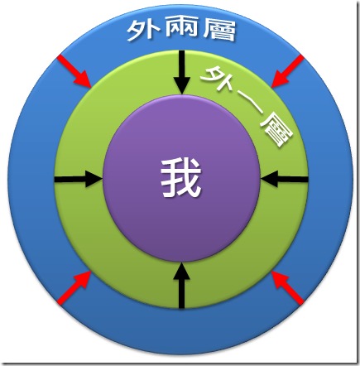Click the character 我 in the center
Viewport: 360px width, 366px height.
181,178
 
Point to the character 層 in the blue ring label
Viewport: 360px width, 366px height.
219,30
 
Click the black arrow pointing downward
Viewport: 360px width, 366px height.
181,73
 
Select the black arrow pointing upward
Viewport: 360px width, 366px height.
181,285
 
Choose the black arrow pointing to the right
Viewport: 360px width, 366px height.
79,180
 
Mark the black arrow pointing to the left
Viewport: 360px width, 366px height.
285,180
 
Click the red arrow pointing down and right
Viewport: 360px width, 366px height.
74,71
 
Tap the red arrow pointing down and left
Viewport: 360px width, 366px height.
288,71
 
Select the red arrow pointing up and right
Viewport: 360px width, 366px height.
74,288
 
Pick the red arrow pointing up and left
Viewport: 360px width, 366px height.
288,288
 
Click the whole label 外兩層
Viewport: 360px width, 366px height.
181,30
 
